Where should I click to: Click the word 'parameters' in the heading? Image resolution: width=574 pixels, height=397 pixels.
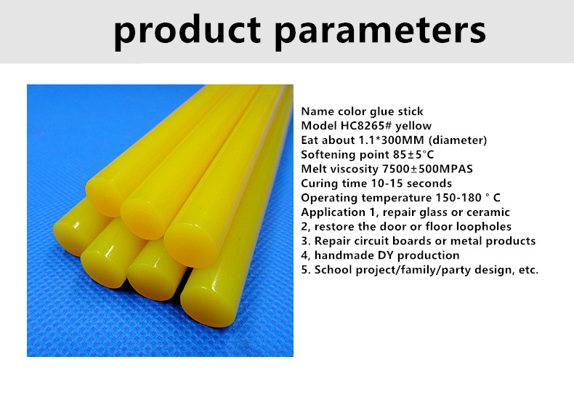[381, 33]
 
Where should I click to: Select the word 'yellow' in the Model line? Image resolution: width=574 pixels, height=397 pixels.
[413, 127]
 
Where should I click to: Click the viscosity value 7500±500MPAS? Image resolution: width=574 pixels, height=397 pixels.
[427, 169]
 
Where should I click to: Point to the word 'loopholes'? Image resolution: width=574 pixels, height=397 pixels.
[484, 227]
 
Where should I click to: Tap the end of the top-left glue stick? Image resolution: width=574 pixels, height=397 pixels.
[104, 196]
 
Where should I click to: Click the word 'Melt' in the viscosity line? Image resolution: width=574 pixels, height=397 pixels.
[314, 169]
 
